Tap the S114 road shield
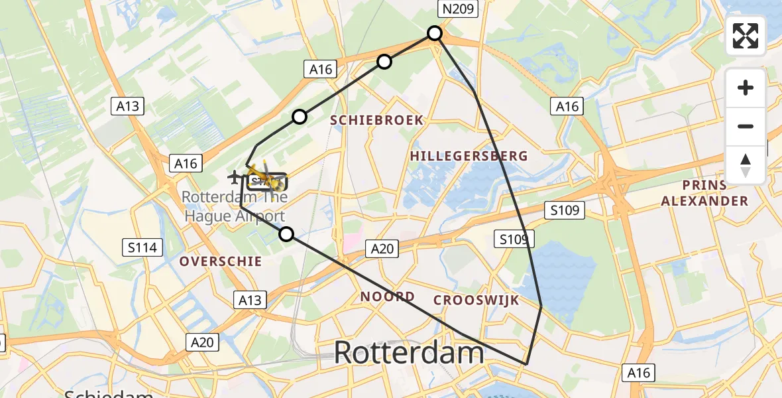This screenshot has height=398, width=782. click(142, 248)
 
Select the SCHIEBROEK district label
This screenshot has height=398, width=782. click(377, 120)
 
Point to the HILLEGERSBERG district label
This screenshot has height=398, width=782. click(469, 156)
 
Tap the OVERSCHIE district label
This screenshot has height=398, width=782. click(221, 261)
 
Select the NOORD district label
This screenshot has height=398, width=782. click(388, 297)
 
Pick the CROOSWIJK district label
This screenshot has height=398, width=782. click(476, 300)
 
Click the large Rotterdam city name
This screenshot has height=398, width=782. click(409, 352)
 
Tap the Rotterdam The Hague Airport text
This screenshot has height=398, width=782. click(233, 206)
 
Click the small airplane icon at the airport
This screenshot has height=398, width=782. click(234, 177)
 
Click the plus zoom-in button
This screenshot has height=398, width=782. click(746, 88)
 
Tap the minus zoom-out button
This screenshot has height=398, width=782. click(746, 126)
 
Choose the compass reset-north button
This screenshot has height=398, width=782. click(746, 165)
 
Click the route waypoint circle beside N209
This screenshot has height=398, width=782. click(435, 33)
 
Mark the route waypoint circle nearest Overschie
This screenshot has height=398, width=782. click(286, 234)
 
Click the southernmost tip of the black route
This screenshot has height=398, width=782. click(526, 364)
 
